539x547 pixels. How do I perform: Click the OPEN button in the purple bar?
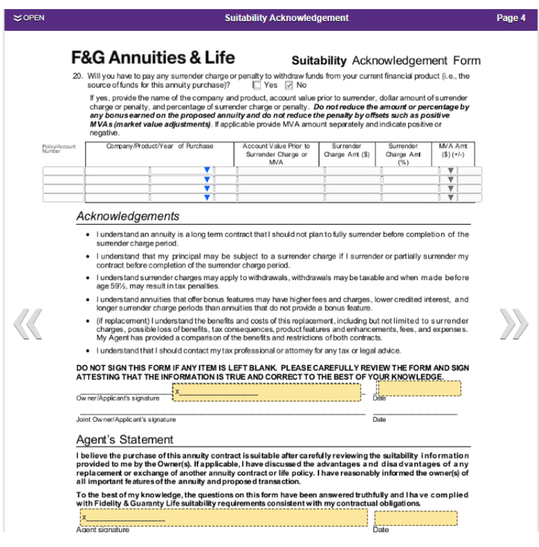coord(29,18)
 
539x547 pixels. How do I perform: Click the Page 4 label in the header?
coord(510,18)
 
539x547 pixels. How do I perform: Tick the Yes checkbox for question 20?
coord(257,85)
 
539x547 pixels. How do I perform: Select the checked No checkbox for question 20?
coord(289,85)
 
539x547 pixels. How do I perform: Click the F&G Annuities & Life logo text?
coord(153,58)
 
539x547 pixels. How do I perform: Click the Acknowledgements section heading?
coord(127,216)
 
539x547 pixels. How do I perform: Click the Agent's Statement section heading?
coord(125,440)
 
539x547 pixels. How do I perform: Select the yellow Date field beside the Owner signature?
coord(419,389)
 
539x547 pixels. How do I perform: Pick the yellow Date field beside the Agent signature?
coord(416,518)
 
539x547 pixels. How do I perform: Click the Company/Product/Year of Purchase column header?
coord(160,146)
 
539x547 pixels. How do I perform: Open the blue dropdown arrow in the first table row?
coord(206,170)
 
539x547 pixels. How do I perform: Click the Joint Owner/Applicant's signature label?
coord(126,420)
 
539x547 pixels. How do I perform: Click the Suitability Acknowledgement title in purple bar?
coord(286,18)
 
